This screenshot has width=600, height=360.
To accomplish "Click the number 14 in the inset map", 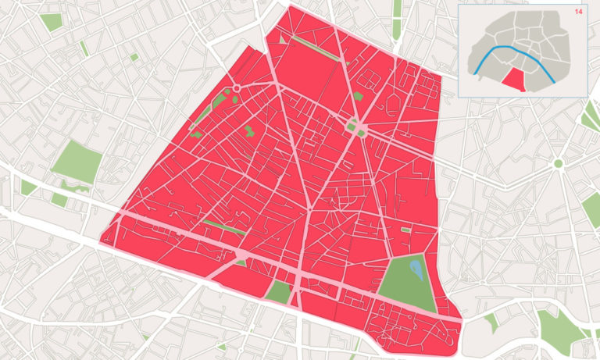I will pos(578,12).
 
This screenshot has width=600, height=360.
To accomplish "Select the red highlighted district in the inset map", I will pos(513,79).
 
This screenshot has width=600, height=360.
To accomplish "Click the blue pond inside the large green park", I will pos(416,271).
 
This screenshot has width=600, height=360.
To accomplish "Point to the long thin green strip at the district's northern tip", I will pos(316,48).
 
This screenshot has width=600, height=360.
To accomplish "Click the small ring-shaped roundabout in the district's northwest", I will pos(236,89).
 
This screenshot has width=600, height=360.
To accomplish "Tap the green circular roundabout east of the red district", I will pos(558,163).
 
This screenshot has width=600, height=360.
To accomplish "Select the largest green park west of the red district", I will pos(77,162).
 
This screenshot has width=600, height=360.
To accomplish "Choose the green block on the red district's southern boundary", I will pos(278,293).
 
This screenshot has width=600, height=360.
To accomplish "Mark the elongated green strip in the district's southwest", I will pos(223,227).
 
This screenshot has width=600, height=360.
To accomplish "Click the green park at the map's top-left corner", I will pos(51,21).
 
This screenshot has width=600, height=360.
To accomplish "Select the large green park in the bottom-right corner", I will pos(562,328).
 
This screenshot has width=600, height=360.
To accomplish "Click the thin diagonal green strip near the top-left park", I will pos(83,48).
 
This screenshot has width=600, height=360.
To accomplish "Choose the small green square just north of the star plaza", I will pos(358,96).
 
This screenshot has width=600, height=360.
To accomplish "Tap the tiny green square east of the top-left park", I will pos(134,57).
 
